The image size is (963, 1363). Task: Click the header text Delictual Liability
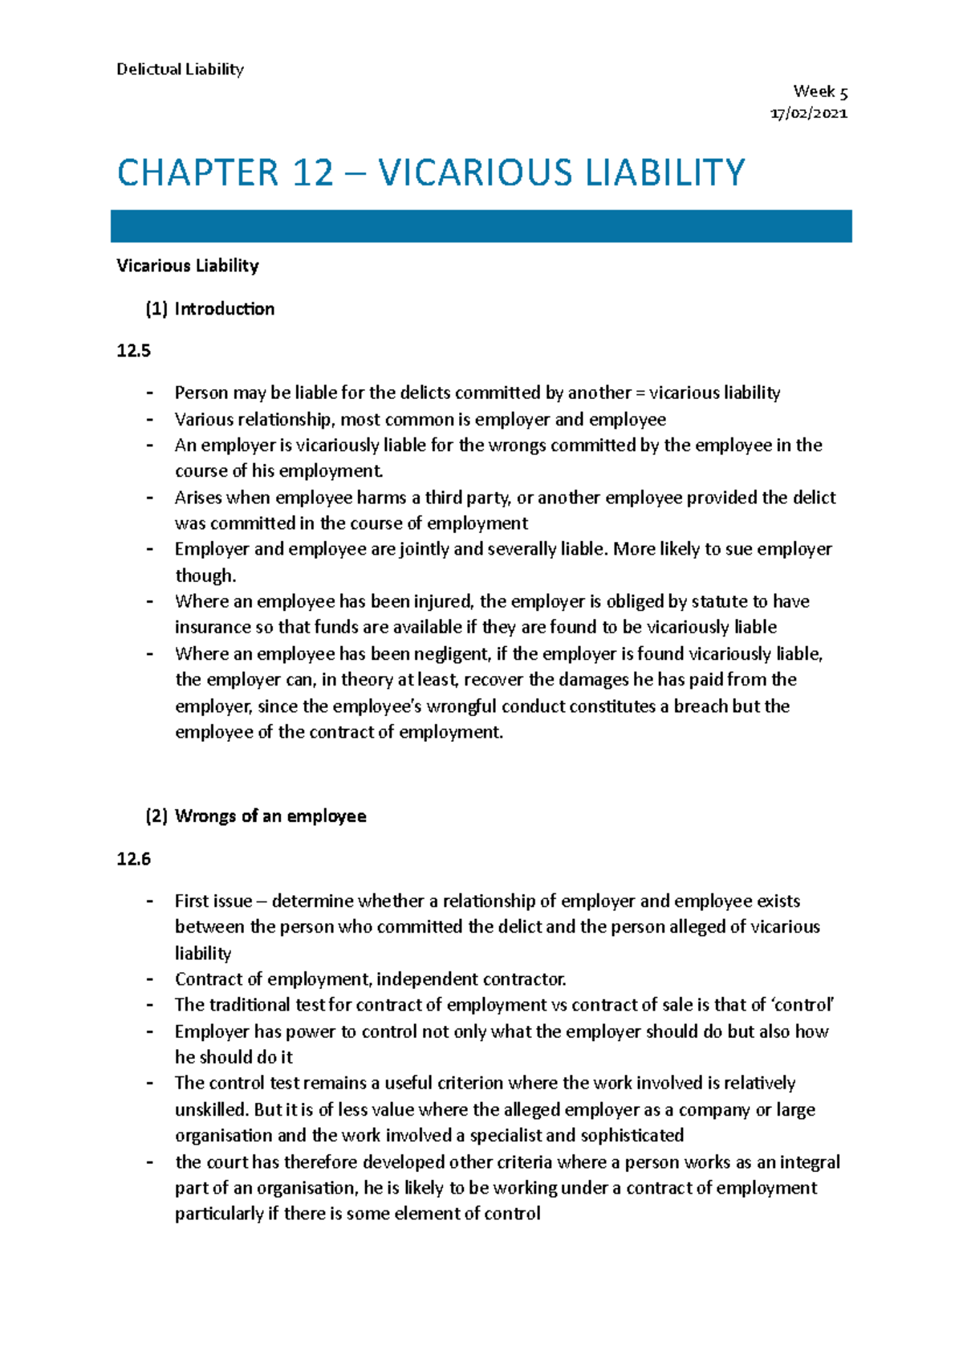click(180, 69)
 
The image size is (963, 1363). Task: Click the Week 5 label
click(820, 92)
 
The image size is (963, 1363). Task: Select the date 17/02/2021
click(808, 113)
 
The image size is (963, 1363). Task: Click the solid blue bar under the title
click(481, 226)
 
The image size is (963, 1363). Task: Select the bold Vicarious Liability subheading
click(187, 266)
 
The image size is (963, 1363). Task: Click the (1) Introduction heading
click(209, 309)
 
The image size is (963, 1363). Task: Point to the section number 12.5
click(133, 351)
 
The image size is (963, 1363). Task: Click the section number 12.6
click(133, 859)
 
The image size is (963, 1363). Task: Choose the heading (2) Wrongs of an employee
click(255, 816)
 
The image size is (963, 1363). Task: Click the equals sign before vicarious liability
click(640, 393)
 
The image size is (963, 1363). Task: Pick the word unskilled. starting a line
click(211, 1109)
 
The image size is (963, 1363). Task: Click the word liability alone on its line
click(203, 953)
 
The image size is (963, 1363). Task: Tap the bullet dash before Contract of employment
click(149, 979)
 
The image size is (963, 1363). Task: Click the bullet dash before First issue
click(149, 901)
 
